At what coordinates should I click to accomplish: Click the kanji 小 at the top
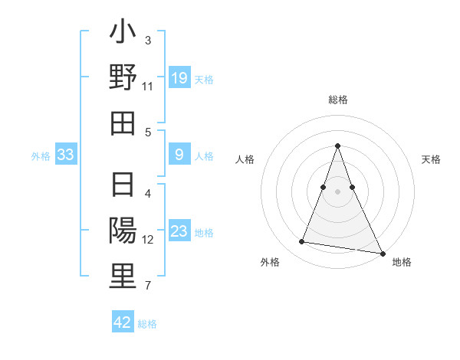point(123,34)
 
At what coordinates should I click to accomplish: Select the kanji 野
point(123,78)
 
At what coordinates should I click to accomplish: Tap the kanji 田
point(123,123)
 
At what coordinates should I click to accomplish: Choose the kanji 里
point(123,277)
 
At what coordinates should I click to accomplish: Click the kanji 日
point(123,187)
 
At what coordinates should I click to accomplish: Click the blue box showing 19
point(179,78)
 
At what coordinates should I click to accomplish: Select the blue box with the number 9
point(179,155)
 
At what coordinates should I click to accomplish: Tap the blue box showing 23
point(179,232)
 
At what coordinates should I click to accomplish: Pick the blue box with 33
point(66,155)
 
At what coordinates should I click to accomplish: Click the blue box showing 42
point(123,322)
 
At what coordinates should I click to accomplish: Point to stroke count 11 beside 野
point(148,87)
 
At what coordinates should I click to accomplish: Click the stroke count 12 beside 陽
point(148,240)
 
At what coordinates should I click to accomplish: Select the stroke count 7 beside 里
point(148,286)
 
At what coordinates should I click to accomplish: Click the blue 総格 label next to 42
point(147,324)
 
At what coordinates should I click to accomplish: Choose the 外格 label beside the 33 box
point(41,156)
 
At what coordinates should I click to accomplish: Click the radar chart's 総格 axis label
point(337,100)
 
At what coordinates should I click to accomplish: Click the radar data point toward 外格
point(301,242)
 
